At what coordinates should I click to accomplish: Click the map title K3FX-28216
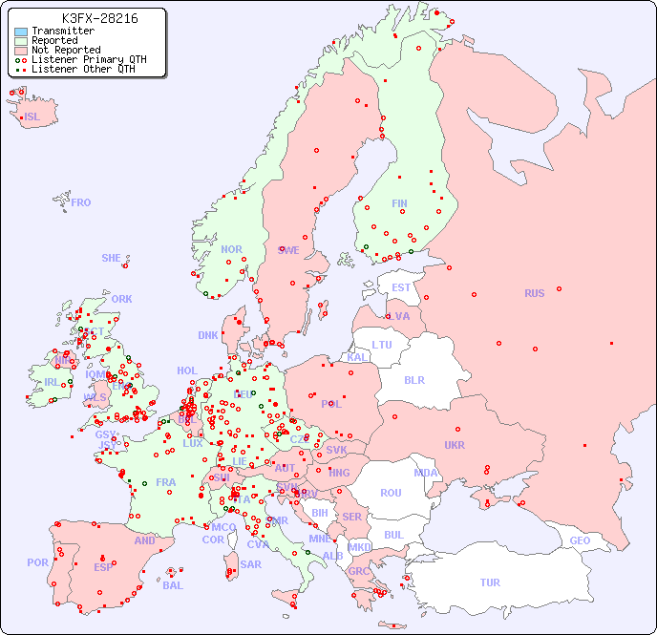click(x=99, y=18)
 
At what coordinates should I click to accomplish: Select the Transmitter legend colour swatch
click(x=21, y=32)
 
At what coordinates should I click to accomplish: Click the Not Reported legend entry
click(x=65, y=51)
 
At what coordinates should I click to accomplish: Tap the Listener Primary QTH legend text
click(x=89, y=60)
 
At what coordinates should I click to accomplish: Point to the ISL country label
click(x=32, y=117)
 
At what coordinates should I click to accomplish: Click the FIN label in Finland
click(x=399, y=203)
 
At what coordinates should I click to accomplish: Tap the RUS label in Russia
click(x=534, y=293)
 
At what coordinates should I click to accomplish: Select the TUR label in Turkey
click(x=490, y=582)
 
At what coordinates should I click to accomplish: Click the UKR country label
click(x=455, y=445)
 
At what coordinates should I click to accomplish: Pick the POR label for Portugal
click(x=37, y=562)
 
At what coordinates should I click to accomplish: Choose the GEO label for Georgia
click(x=580, y=540)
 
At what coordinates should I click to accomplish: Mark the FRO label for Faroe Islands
click(x=81, y=202)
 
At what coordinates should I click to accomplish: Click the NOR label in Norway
click(x=231, y=249)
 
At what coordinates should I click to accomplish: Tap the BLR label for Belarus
click(x=413, y=379)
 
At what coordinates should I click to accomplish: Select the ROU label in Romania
click(x=391, y=493)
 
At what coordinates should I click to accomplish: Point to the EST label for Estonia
click(x=401, y=287)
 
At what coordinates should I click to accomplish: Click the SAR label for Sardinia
click(x=251, y=564)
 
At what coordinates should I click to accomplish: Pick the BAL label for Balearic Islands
click(x=173, y=585)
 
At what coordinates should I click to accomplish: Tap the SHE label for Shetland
click(x=112, y=258)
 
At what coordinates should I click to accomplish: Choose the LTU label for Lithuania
click(x=382, y=345)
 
